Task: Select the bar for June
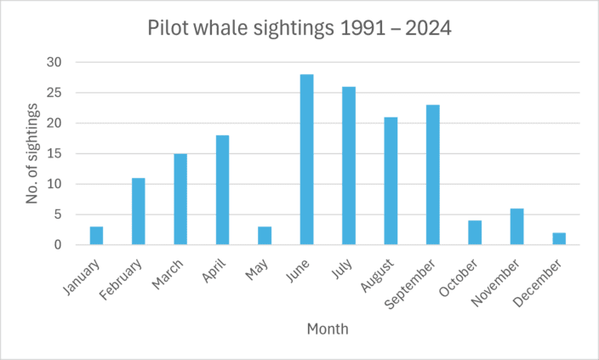[306, 160]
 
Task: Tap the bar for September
[432, 174]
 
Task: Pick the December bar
[558, 239]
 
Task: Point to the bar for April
[222, 190]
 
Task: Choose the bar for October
[475, 233]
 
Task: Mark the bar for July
[349, 166]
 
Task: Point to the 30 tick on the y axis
[55, 62]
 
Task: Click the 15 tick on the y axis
[55, 154]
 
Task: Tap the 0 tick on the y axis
[59, 245]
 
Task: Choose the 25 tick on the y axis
[55, 93]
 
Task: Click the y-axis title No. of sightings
[32, 154]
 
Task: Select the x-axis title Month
[328, 328]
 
